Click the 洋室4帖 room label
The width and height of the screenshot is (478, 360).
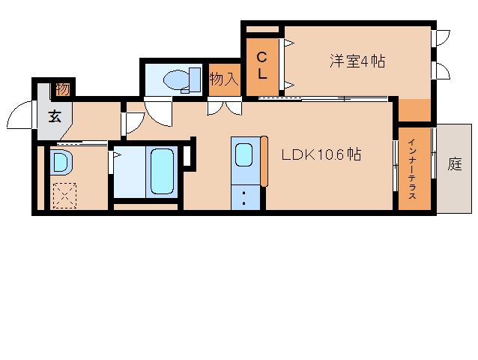357,61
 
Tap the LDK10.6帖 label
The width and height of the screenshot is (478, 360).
321,154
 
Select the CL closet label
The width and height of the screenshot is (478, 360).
262,65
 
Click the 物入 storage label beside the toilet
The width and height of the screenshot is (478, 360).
224,79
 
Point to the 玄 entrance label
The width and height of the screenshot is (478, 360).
55,116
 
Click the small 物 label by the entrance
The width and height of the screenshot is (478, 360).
63,89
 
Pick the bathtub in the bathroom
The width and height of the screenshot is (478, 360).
162,171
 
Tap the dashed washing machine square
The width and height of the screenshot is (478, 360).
64,196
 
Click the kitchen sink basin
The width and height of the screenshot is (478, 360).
244,154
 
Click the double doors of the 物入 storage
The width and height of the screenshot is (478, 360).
225,108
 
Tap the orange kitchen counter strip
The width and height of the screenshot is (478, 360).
264,161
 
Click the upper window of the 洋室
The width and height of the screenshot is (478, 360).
441,38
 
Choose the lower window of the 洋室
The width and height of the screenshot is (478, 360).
441,70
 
